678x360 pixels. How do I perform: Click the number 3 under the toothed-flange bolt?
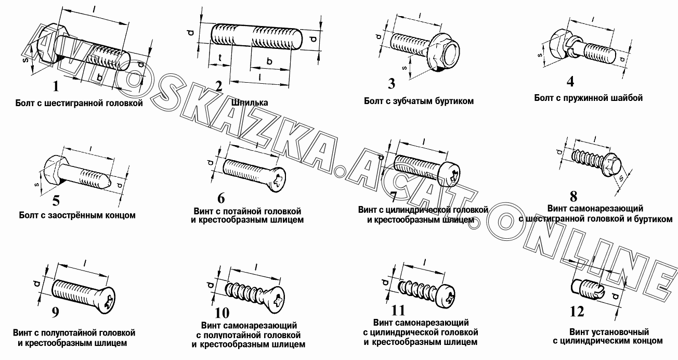coord(392,84)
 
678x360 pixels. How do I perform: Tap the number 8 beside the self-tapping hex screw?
coord(573,197)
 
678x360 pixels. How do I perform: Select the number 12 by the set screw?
coord(577,312)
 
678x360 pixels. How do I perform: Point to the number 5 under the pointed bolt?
coord(56,200)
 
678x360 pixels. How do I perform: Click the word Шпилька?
coord(250,102)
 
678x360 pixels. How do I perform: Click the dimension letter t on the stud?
coord(220,58)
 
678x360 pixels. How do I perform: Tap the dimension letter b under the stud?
coord(269,61)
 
